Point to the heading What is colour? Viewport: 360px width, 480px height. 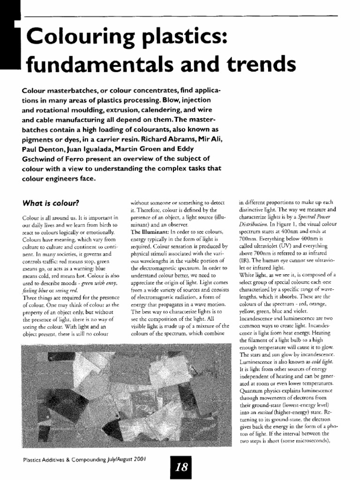pyautogui.click(x=51, y=203)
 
